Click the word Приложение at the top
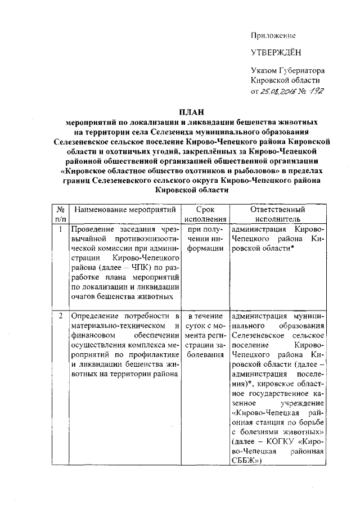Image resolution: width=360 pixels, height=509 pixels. (273, 35)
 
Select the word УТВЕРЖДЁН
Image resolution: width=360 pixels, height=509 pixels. (276, 53)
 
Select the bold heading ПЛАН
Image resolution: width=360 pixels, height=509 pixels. (192, 111)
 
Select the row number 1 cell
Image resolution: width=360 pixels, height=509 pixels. (60, 229)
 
